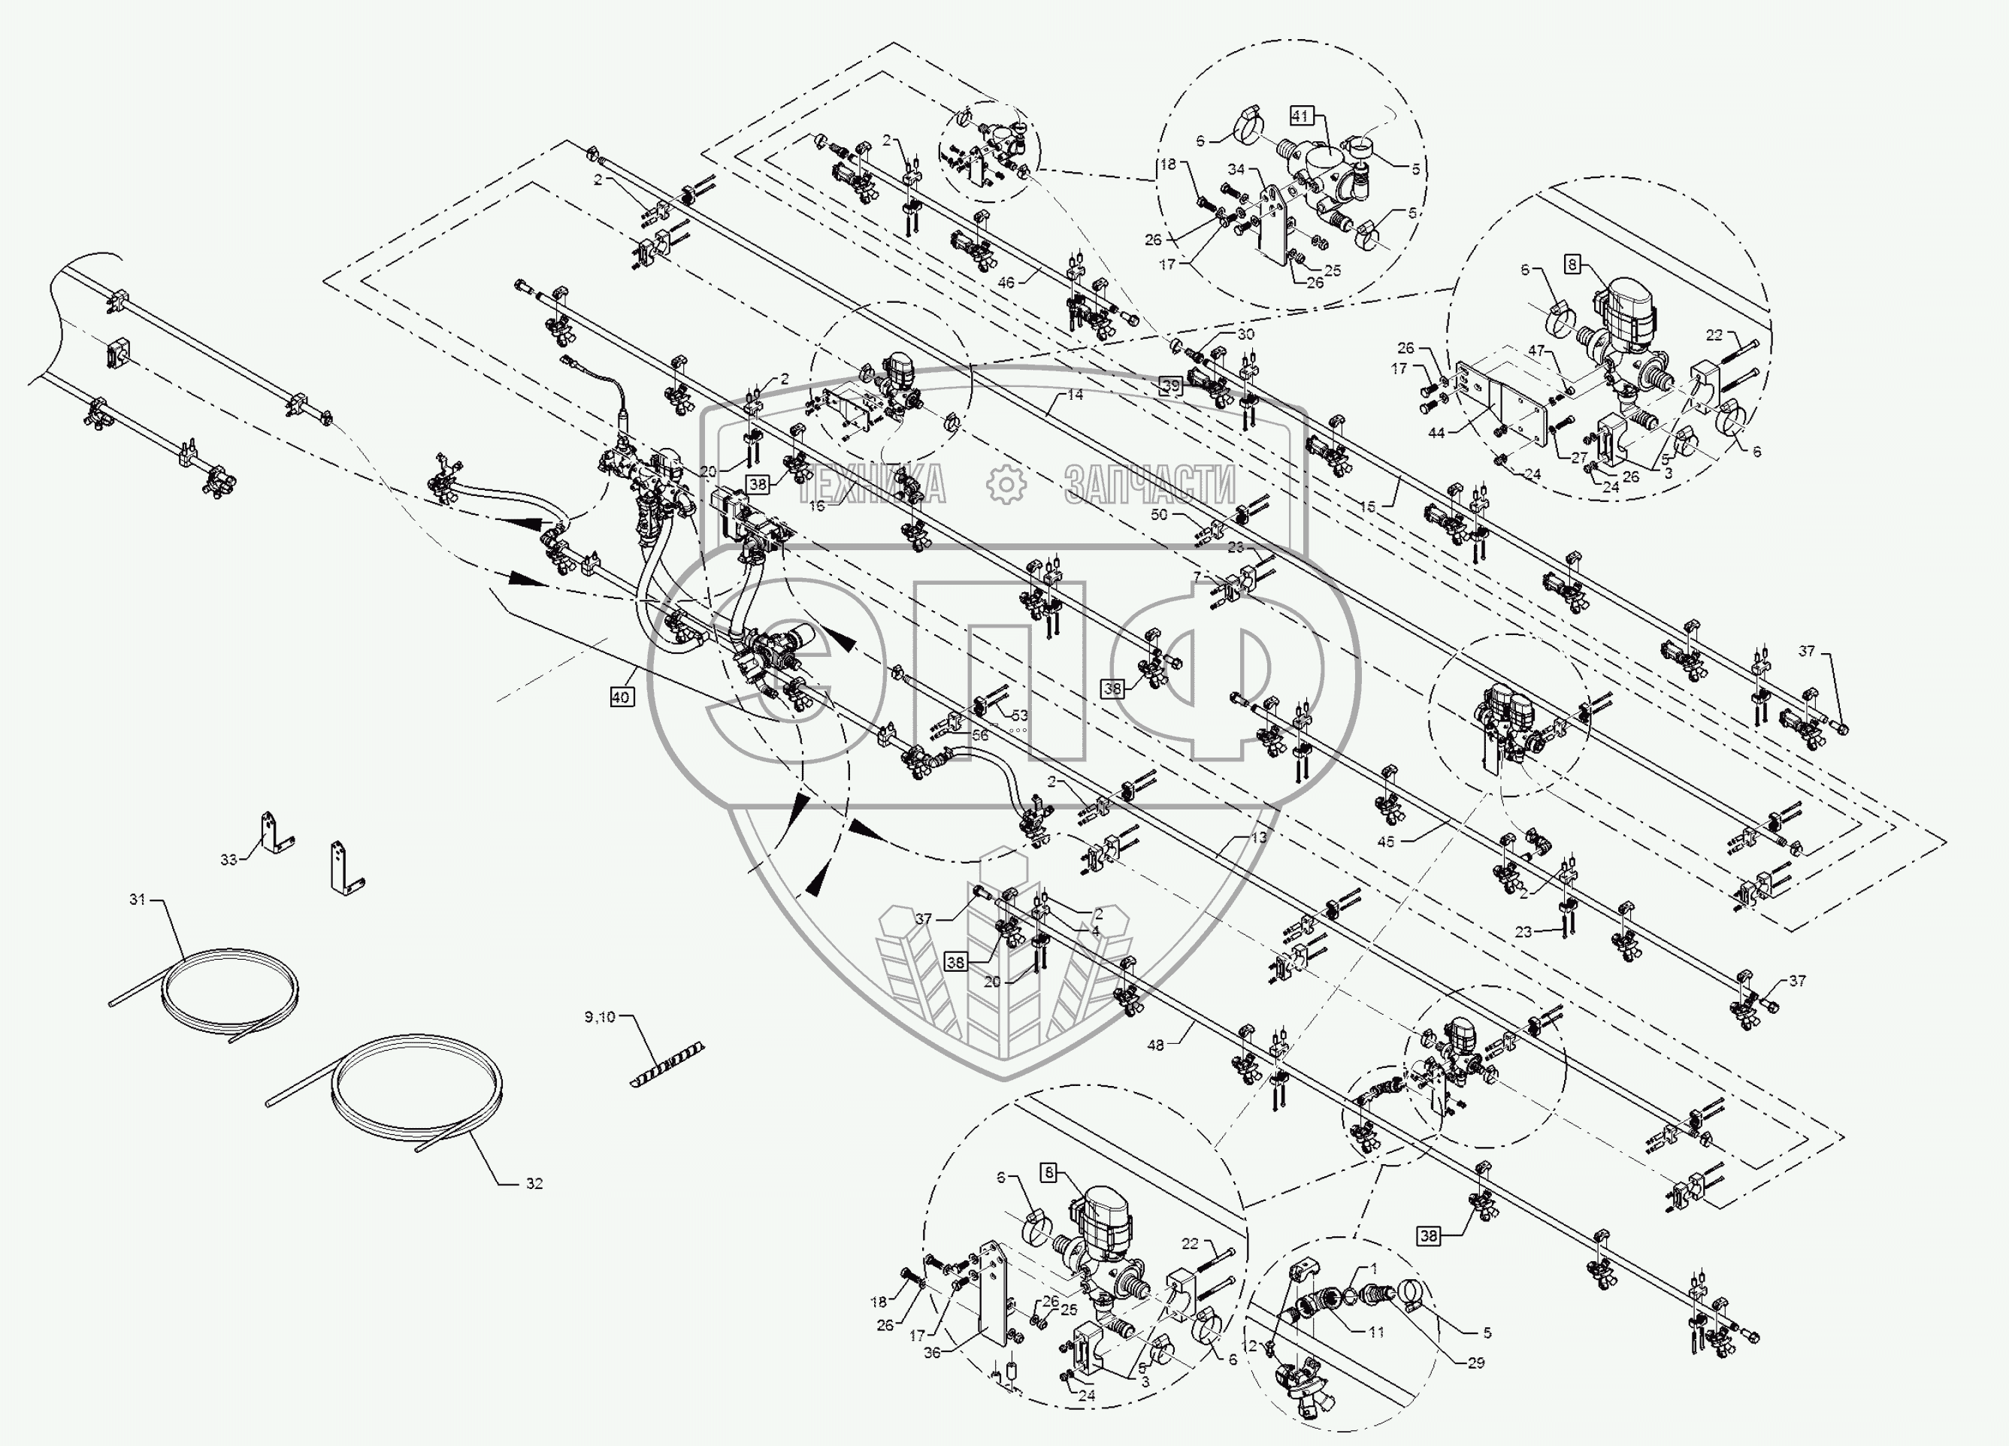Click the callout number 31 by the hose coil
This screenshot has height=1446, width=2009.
pyautogui.click(x=137, y=900)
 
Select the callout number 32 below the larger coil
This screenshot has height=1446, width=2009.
pyautogui.click(x=534, y=1183)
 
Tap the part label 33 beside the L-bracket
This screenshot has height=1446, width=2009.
pyautogui.click(x=228, y=860)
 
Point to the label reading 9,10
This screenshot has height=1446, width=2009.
pyautogui.click(x=599, y=1017)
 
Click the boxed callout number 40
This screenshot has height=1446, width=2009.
pyautogui.click(x=621, y=697)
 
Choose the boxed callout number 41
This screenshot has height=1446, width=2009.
pyautogui.click(x=1299, y=115)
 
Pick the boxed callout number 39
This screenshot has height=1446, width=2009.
pyautogui.click(x=1171, y=386)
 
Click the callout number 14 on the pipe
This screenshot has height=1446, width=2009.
pyautogui.click(x=1075, y=395)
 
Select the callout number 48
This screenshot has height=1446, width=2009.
pyautogui.click(x=1155, y=1045)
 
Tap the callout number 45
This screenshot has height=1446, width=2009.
pyautogui.click(x=1385, y=842)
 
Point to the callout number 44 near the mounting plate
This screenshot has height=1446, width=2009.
pyautogui.click(x=1437, y=433)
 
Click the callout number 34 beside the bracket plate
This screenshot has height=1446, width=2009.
pyautogui.click(x=1236, y=169)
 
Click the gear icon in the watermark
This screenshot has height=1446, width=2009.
pyautogui.click(x=1006, y=484)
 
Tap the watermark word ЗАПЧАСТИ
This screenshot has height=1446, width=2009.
pyautogui.click(x=1150, y=485)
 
